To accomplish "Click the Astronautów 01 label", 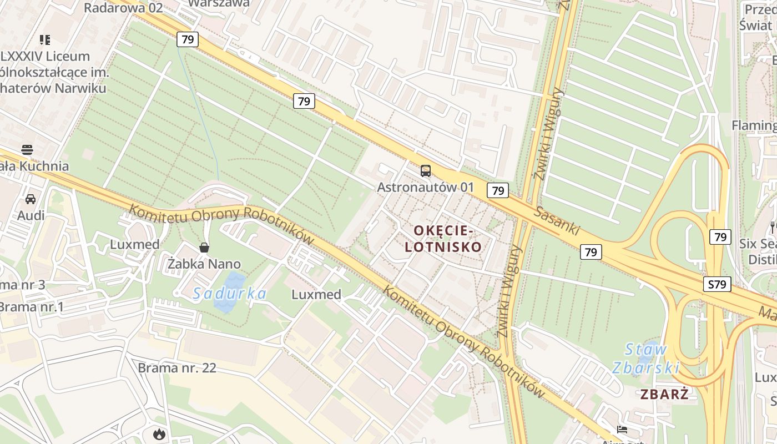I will [426, 187].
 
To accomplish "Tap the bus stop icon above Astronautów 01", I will [426, 170].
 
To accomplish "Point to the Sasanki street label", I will [557, 220].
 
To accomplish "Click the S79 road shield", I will [718, 285].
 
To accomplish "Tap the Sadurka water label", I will [230, 294].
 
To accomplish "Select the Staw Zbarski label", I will [645, 359].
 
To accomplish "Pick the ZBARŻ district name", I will [664, 395].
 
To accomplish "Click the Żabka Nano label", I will [204, 264].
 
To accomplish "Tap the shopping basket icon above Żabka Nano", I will [204, 248].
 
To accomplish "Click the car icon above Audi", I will [31, 199].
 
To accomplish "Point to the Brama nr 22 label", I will [176, 367].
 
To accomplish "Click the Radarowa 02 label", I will [123, 7].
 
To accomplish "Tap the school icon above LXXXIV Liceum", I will [45, 39].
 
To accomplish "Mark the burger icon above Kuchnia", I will [27, 149].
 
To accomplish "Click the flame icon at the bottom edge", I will [159, 434].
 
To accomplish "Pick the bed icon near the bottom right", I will [622, 430].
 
